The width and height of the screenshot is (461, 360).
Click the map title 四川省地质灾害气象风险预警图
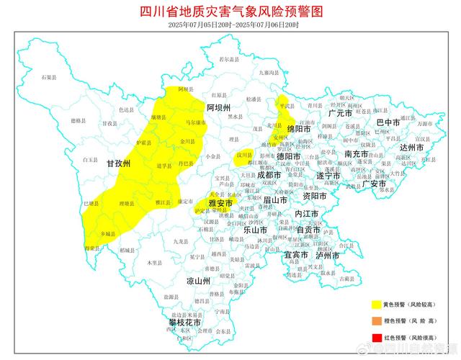(x=230, y=12)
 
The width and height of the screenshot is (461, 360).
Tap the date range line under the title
(x=230, y=24)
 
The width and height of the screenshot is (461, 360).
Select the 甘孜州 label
(x=119, y=164)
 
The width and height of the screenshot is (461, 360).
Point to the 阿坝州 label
(x=218, y=107)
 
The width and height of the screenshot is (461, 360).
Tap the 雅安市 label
(x=220, y=204)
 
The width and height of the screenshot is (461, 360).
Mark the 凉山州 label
(x=197, y=281)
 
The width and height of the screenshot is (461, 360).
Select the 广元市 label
(x=339, y=114)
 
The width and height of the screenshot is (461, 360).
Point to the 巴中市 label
(x=388, y=122)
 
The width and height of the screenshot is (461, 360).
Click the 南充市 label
(x=357, y=154)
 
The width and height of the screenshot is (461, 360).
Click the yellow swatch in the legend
(x=377, y=305)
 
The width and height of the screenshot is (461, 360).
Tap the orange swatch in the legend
(x=377, y=321)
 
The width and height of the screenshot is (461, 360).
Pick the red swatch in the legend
(x=377, y=337)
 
